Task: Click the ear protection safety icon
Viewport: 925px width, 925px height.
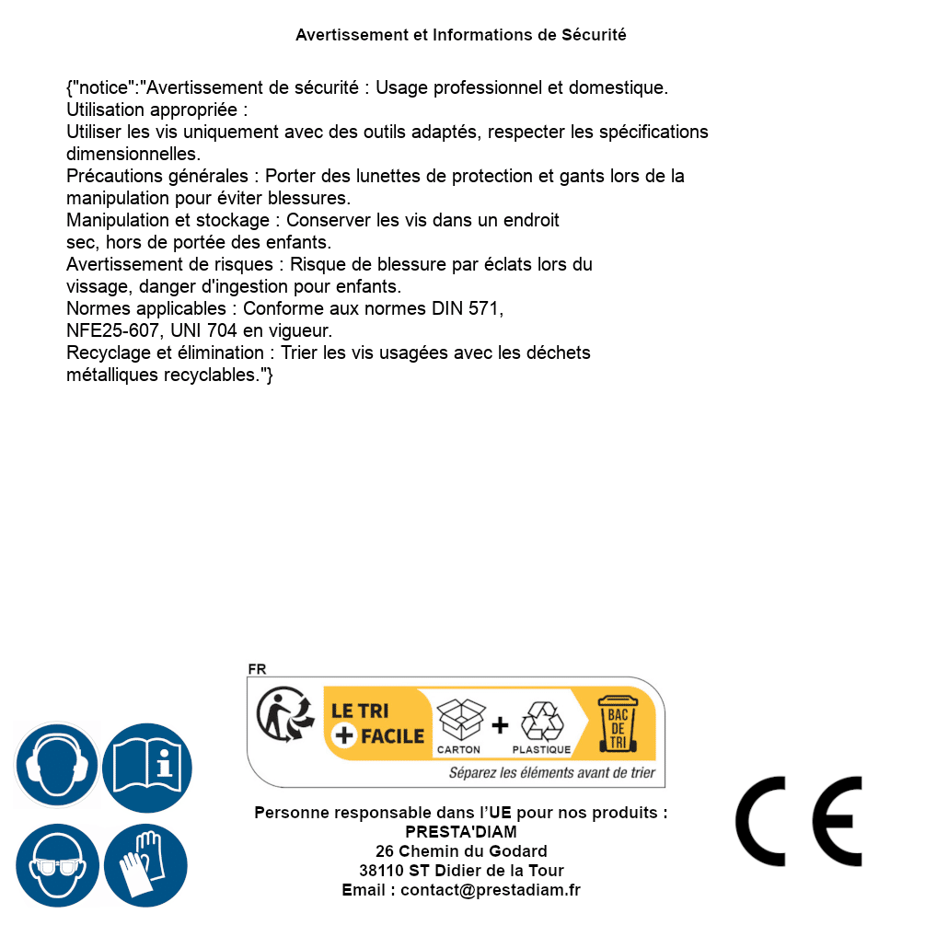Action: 57,766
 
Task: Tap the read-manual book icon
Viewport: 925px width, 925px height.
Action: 147,766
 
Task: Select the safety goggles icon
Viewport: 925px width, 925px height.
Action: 57,866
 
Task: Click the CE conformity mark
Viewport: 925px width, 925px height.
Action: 799,822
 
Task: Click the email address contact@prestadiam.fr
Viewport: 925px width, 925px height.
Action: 491,890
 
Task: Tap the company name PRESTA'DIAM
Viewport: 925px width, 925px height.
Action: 461,832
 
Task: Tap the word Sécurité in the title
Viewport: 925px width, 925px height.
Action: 594,35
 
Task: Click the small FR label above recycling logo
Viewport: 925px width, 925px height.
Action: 257,670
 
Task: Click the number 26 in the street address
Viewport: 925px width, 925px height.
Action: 385,851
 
